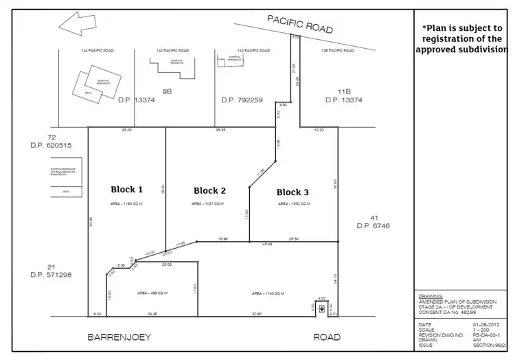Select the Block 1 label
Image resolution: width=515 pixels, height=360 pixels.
pos(126,190)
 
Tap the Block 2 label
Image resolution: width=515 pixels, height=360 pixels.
pos(209,190)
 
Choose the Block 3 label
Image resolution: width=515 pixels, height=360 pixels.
pos(293,192)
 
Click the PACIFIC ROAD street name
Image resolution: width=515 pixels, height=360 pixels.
pos(300,25)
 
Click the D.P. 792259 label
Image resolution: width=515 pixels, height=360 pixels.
pos(242,100)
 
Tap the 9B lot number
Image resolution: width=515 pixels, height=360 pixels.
pos(166,90)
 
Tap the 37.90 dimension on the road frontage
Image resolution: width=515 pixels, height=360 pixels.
pos(257,314)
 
